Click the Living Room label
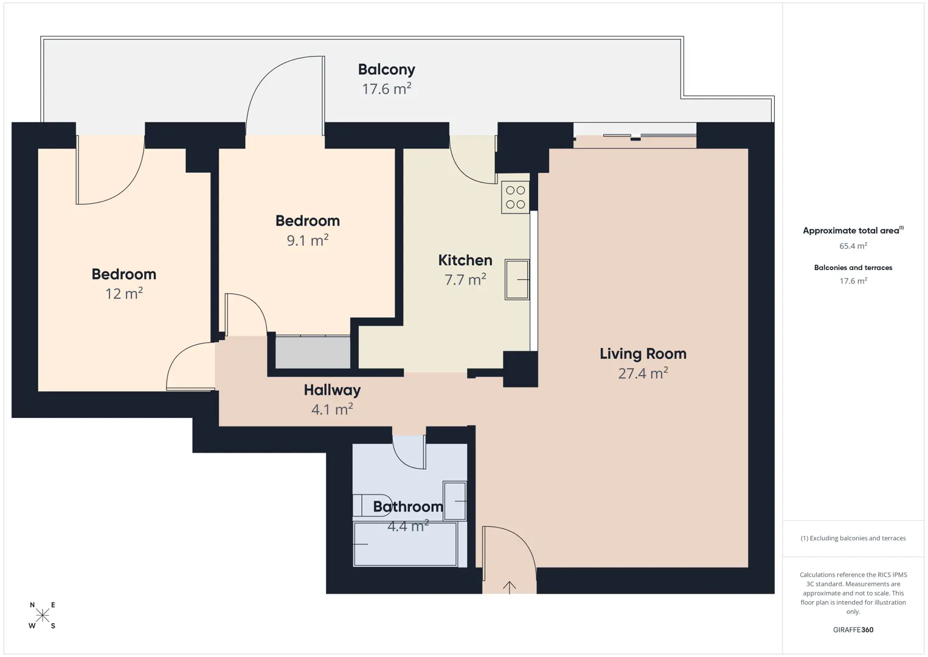coord(643,353)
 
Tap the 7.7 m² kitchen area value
coord(465,280)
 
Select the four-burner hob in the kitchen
coord(515,197)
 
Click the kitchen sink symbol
coord(517,280)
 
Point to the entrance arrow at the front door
coord(509,588)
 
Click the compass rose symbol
coord(42,616)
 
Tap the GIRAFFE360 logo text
coord(853,630)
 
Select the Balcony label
coord(387,69)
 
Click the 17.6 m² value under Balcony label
coord(387,89)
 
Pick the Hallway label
coord(332,390)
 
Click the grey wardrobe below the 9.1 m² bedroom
coord(313,352)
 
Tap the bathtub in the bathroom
coord(405,544)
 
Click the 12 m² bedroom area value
coord(124,293)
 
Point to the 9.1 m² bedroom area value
coord(307,240)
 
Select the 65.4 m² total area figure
coord(853,246)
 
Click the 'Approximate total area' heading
coord(853,231)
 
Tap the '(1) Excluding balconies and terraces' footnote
coord(853,538)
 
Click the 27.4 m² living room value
coord(643,373)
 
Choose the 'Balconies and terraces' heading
coord(853,268)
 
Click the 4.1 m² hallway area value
coord(332,409)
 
